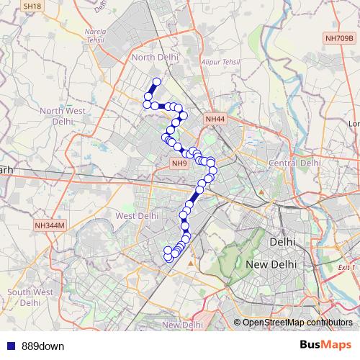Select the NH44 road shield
click(215, 119)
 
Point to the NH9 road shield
click(179, 163)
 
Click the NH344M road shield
click(50, 225)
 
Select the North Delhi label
click(153, 57)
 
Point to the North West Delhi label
click(63, 115)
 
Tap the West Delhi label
click(136, 215)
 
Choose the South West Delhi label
click(30, 297)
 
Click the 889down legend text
click(42, 346)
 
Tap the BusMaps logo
click(326, 345)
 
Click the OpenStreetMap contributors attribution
click(297, 323)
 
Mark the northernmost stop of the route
click(156, 81)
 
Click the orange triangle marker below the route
click(190, 264)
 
